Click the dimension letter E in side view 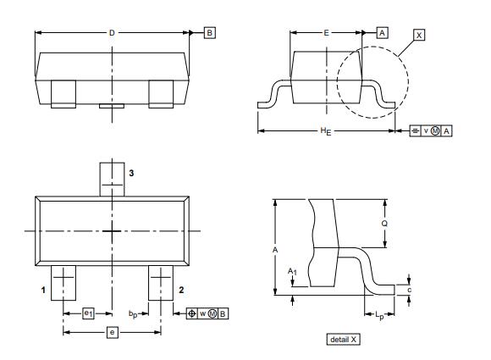coord(326,32)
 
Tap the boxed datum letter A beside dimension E coord(382,32)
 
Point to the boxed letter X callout coord(419,35)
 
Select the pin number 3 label coord(131,172)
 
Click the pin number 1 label coord(42,290)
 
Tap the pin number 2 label coord(181,290)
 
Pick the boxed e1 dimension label coord(88,313)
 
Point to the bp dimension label coord(133,314)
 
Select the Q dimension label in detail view coord(386,223)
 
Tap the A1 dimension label coord(292,271)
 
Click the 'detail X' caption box coord(344,339)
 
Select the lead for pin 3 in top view coord(113,179)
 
